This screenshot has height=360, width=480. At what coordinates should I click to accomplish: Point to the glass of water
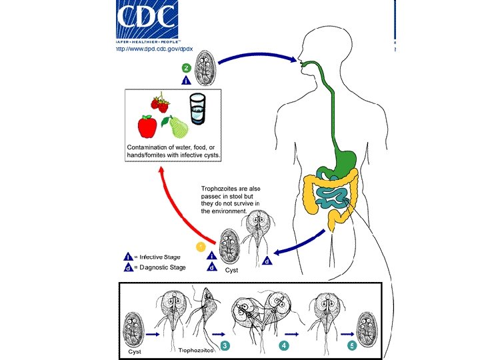point(198,108)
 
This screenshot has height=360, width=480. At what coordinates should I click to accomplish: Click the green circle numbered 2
point(187,68)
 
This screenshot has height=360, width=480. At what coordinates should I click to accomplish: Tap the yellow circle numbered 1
point(199,247)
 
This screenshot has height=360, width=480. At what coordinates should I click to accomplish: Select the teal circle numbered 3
point(226,345)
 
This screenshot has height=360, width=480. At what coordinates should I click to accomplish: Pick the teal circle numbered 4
point(285,345)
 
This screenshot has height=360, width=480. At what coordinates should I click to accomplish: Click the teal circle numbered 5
point(351,345)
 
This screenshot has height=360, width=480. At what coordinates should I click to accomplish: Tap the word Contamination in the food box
point(151,146)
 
